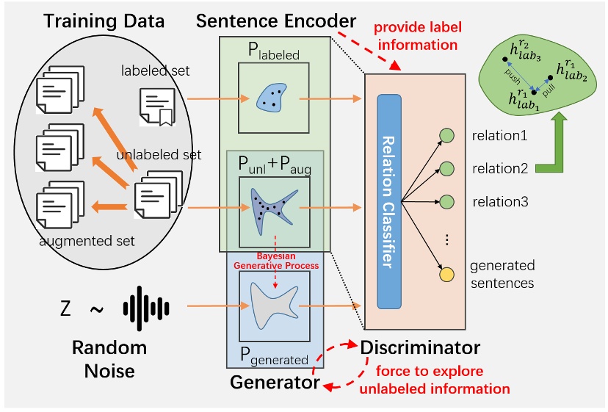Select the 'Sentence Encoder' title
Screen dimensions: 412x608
coord(276,21)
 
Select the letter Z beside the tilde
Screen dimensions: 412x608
coord(65,308)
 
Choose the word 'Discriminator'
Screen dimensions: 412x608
coord(420,347)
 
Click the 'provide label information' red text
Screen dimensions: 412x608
coord(417,36)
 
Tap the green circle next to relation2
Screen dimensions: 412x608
coord(446,168)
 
